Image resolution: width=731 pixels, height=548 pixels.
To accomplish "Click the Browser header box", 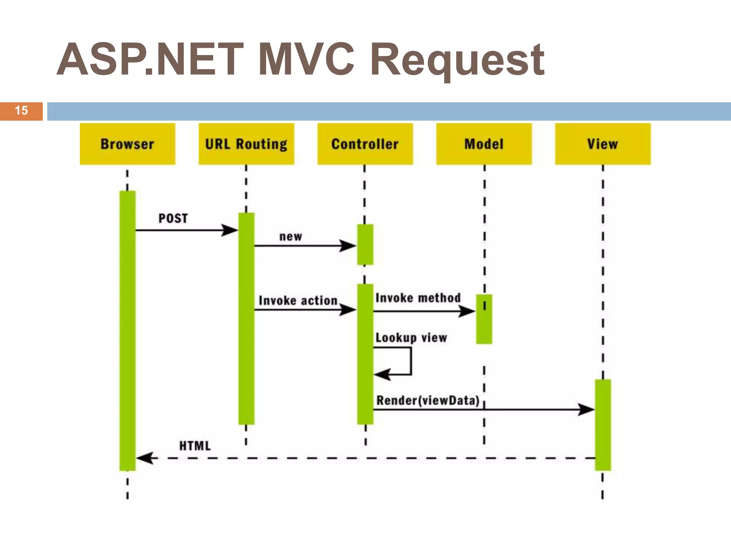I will click(x=127, y=144).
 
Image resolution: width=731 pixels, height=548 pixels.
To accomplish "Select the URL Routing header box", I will click(x=246, y=144).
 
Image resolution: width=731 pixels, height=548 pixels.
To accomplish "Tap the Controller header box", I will click(x=365, y=144).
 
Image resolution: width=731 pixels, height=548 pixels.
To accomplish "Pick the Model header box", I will click(x=484, y=144).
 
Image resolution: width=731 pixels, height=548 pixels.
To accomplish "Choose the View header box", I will click(x=603, y=144).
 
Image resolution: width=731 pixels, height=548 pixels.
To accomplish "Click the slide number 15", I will click(x=21, y=111).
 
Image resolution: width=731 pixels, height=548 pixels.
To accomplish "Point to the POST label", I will click(x=173, y=218).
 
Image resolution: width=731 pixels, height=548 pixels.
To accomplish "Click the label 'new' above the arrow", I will click(x=291, y=237).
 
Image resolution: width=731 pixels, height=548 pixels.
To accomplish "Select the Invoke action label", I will click(x=298, y=301).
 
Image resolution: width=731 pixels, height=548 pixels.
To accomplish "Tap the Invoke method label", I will click(x=418, y=298).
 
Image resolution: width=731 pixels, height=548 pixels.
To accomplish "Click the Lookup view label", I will click(x=411, y=338).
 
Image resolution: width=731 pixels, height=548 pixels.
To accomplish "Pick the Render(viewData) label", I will click(x=428, y=400).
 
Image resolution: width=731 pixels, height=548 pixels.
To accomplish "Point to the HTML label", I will click(x=195, y=446).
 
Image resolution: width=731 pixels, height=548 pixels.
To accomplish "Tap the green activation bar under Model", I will click(x=484, y=319).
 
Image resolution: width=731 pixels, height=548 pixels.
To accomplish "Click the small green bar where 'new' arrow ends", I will click(x=365, y=245).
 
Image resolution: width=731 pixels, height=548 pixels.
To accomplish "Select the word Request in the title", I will click(x=457, y=61).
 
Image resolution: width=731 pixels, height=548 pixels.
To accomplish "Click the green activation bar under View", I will click(x=603, y=425).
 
